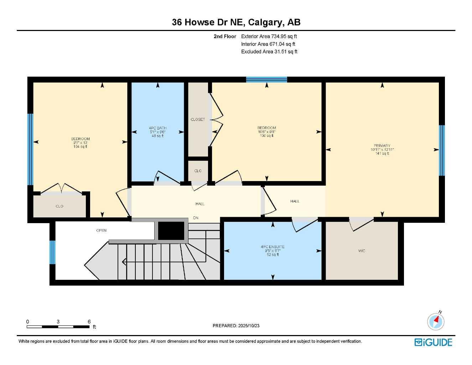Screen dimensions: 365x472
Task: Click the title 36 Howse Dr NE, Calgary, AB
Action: [236, 22]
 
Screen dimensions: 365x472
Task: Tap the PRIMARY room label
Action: [382, 146]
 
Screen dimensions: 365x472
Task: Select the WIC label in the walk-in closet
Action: [362, 251]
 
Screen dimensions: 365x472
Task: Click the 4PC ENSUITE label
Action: [273, 247]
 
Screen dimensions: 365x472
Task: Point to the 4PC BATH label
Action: [157, 128]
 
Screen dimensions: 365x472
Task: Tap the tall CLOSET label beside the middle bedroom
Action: [198, 119]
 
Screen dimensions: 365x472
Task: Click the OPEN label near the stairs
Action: [101, 231]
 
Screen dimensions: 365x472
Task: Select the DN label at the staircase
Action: [196, 218]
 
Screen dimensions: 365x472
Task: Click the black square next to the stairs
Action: [171, 231]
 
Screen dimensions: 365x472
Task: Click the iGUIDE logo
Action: [433, 342]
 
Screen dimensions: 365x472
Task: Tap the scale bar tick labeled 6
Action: [89, 322]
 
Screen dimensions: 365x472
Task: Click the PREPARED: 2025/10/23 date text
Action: [236, 325]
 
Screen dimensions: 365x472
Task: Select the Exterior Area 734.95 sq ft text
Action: [269, 36]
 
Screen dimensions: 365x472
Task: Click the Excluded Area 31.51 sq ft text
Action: [269, 52]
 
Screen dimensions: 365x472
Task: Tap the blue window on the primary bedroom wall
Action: [442, 150]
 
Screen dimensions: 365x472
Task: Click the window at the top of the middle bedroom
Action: [266, 79]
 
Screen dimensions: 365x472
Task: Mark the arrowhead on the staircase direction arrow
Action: [124, 262]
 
